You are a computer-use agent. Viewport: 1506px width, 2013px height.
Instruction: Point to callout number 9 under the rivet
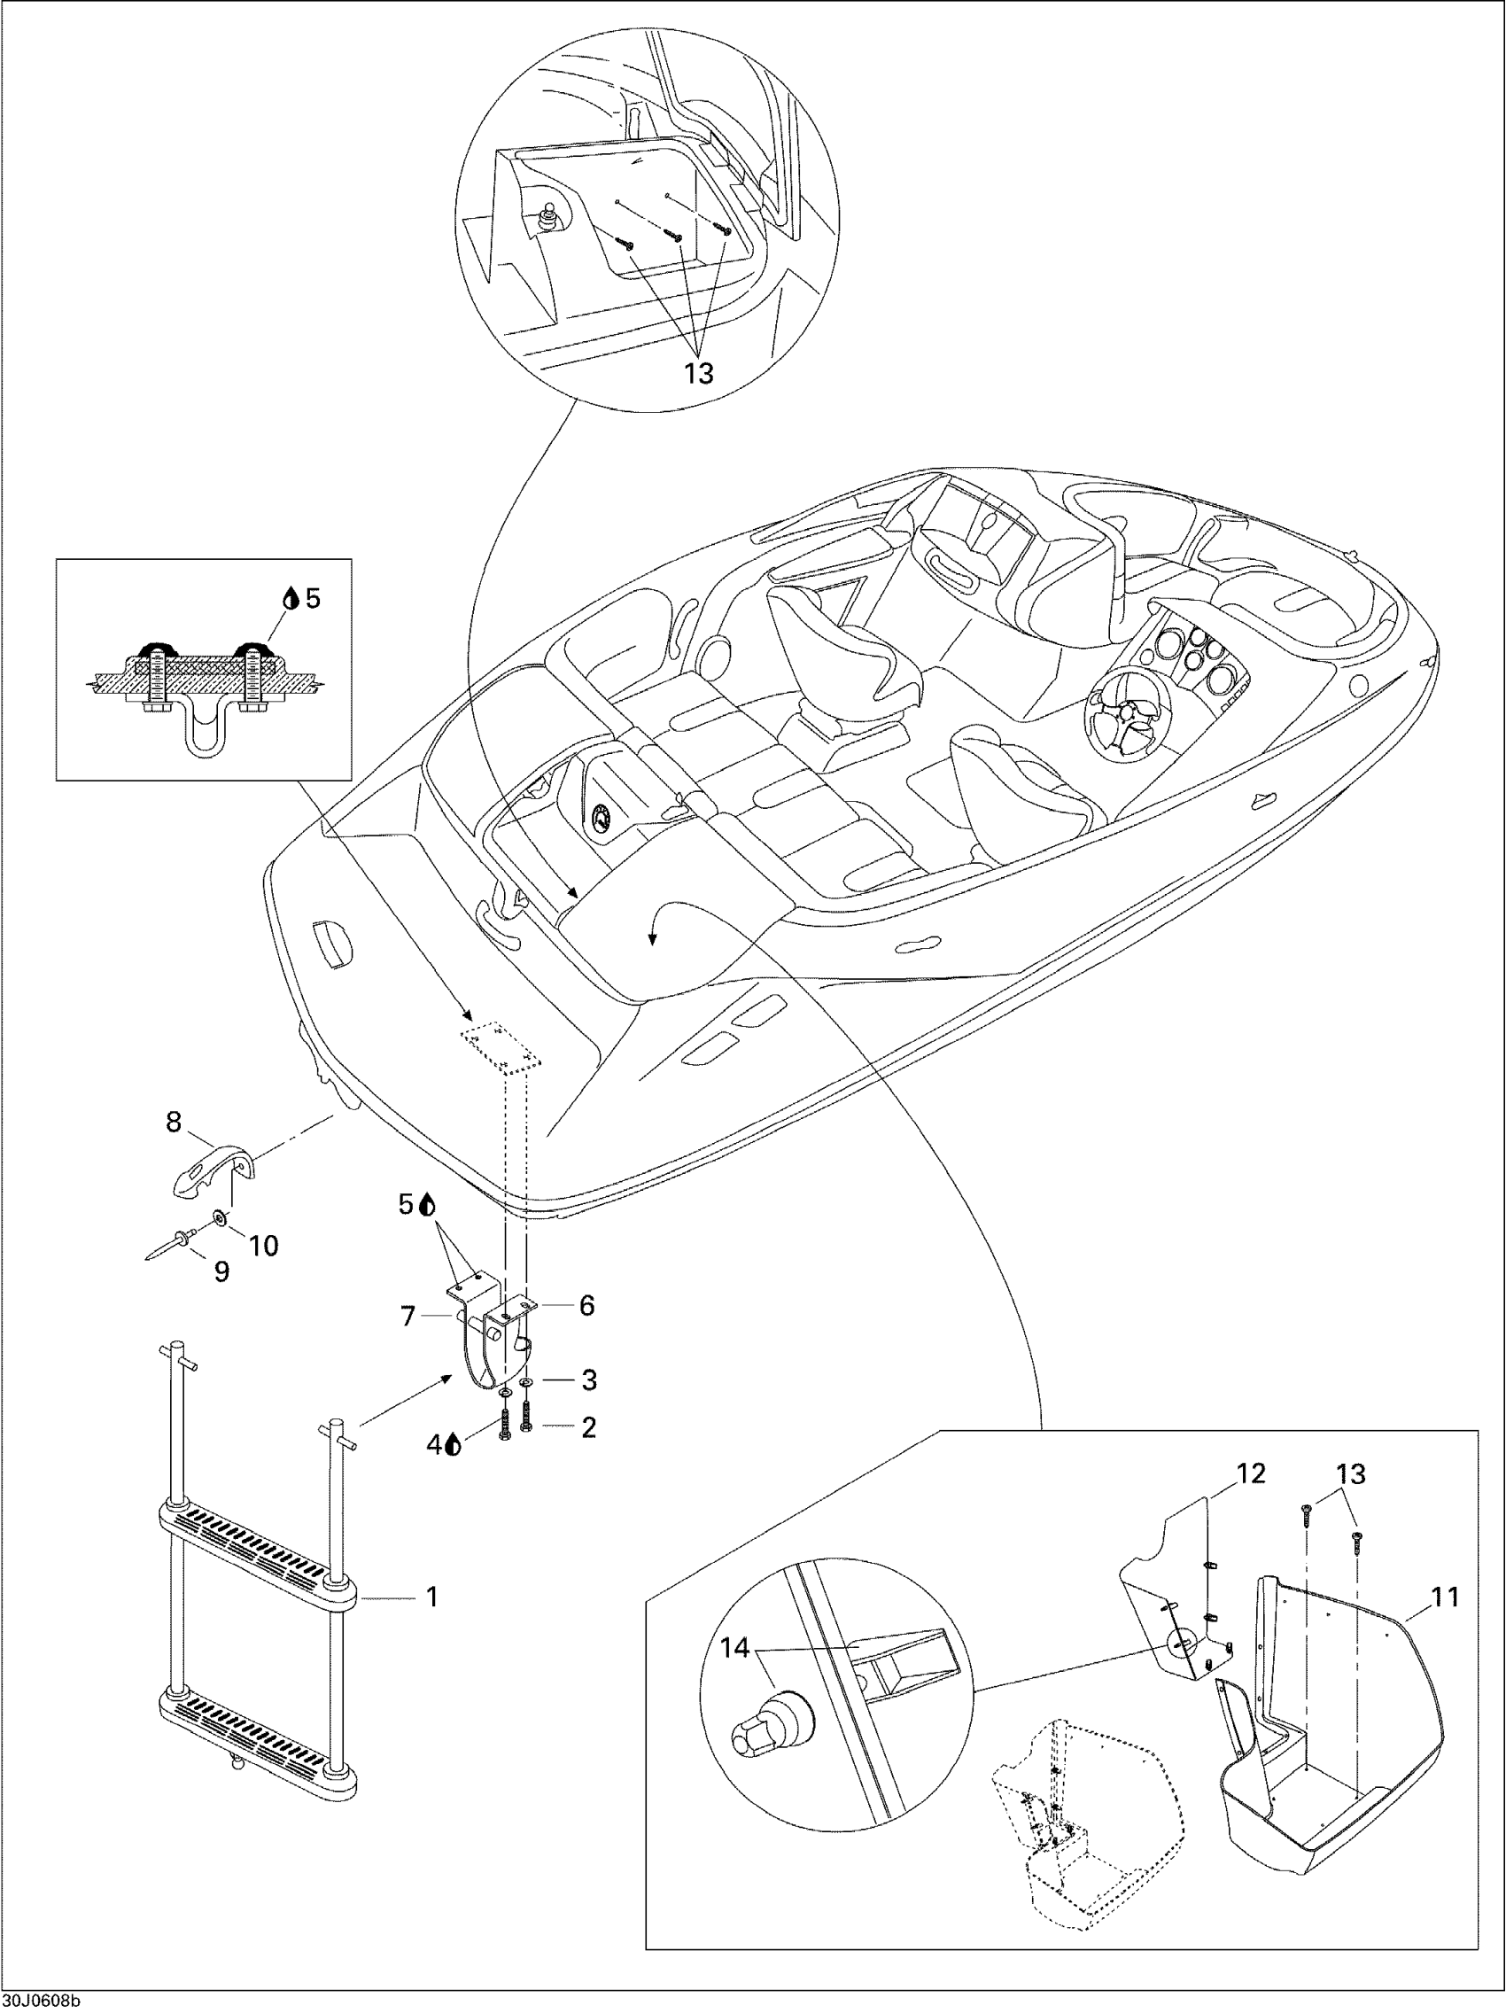[x=221, y=1272]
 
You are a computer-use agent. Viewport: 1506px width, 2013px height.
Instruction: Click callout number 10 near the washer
[x=264, y=1245]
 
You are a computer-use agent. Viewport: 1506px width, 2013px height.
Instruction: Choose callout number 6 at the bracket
[x=587, y=1305]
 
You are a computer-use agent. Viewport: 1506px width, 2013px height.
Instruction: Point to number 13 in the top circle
[x=699, y=373]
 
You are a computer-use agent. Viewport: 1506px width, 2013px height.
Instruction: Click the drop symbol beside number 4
[x=454, y=1444]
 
